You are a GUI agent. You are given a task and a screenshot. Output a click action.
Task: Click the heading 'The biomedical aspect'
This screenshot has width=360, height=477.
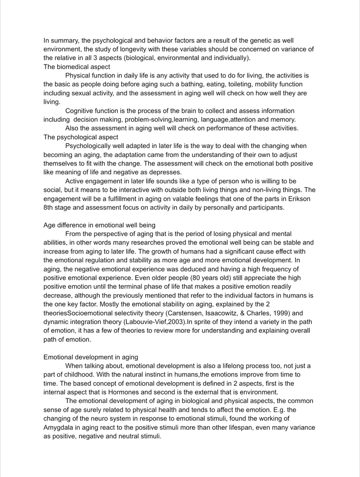click(x=77, y=67)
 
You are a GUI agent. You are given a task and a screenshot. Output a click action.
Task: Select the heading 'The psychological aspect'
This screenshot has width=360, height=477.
click(x=81, y=137)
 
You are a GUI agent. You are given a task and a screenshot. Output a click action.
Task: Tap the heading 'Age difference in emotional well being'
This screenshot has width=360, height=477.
click(x=99, y=225)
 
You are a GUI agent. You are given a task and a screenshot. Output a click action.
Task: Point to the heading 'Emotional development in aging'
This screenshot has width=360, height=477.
click(x=90, y=357)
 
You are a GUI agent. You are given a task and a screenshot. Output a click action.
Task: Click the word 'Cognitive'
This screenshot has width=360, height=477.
click(x=81, y=111)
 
